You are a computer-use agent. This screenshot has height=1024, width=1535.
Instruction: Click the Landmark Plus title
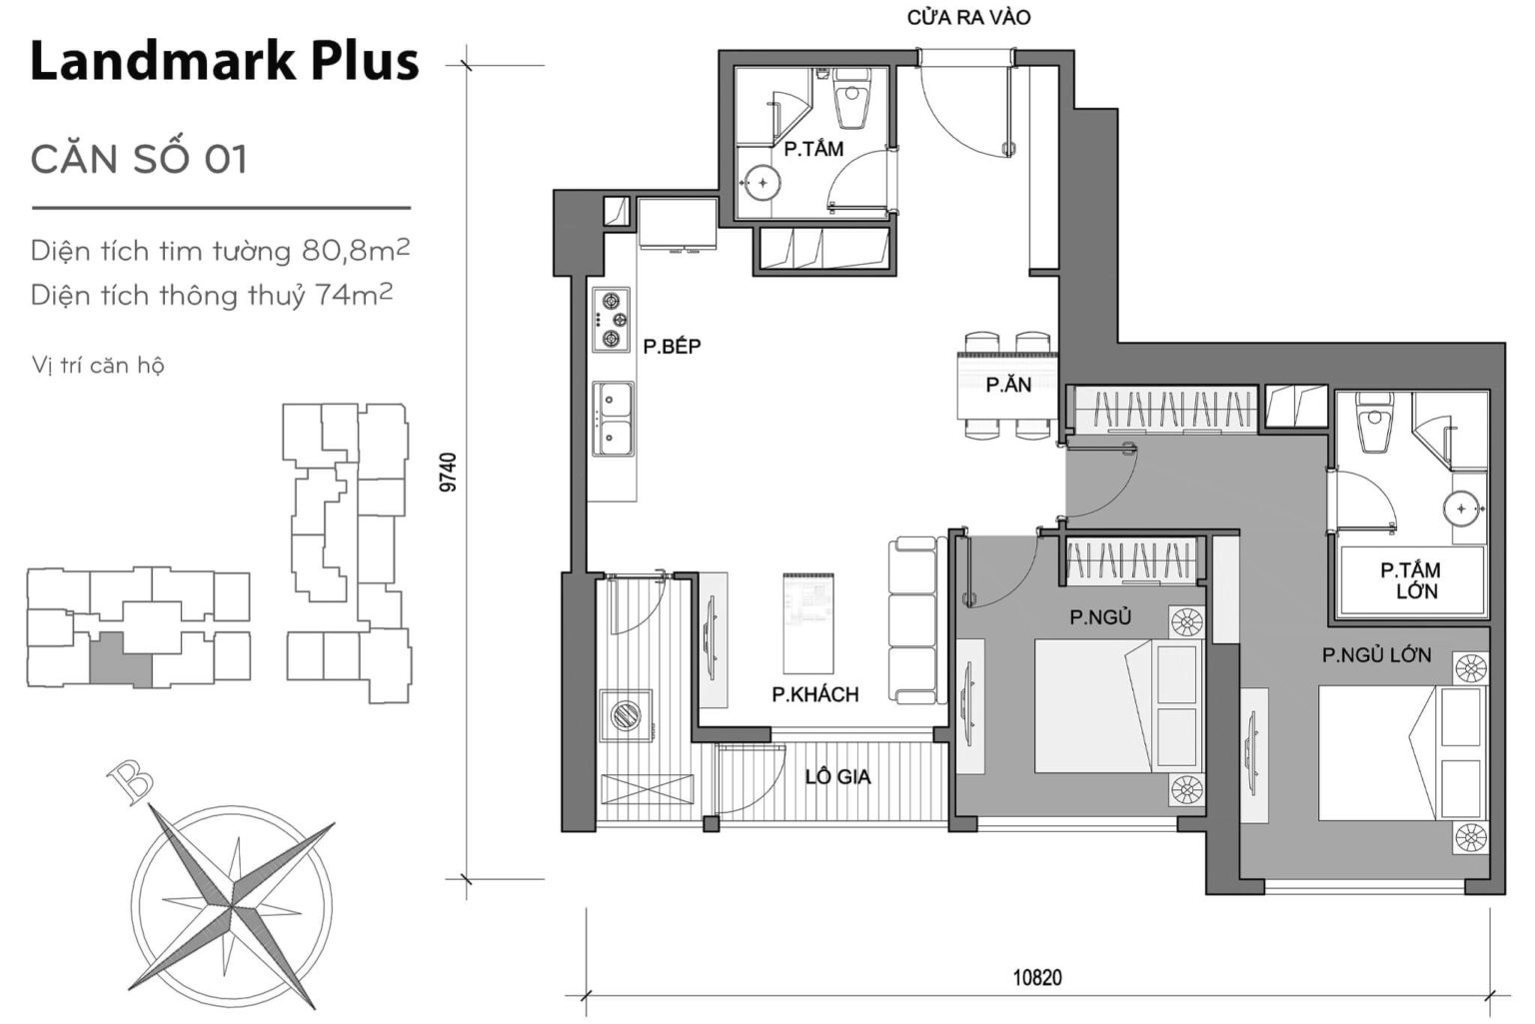pyautogui.click(x=224, y=61)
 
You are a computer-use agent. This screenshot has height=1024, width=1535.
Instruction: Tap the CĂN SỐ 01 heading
pyautogui.click(x=139, y=159)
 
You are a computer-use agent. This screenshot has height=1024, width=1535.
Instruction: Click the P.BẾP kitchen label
pyautogui.click(x=672, y=347)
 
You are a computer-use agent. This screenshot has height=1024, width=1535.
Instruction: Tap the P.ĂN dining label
pyautogui.click(x=1007, y=385)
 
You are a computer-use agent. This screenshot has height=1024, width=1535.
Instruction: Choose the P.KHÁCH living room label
pyautogui.click(x=814, y=694)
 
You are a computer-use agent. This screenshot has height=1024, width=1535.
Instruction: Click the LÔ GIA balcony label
pyautogui.click(x=837, y=776)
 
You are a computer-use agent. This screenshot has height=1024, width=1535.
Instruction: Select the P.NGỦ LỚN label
pyautogui.click(x=1376, y=655)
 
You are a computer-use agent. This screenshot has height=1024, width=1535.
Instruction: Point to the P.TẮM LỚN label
pyautogui.click(x=1410, y=580)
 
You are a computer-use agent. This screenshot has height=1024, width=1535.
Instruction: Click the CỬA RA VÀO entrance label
pyautogui.click(x=968, y=18)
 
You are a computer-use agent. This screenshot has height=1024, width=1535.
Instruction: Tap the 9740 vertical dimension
pyautogui.click(x=449, y=473)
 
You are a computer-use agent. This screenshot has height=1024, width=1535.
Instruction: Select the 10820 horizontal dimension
pyautogui.click(x=1037, y=978)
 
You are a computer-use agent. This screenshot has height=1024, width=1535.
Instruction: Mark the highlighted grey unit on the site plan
pyautogui.click(x=120, y=659)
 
